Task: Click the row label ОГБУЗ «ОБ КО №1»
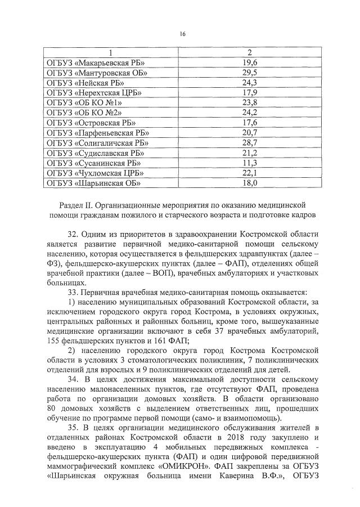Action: tap(83, 103)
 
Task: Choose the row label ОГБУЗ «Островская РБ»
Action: tap(90, 123)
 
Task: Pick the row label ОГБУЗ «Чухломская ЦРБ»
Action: tap(94, 173)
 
